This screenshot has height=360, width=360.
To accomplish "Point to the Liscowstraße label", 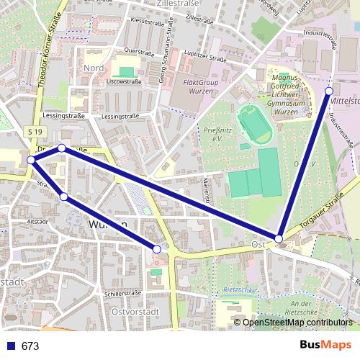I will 123,81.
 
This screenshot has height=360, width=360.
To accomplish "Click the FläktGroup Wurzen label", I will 197,88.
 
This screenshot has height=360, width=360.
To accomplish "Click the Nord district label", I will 94,68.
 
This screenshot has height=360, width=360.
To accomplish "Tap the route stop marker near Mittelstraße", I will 329,91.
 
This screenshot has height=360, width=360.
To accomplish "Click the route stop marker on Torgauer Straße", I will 279,238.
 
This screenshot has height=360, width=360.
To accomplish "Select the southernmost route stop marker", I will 156,249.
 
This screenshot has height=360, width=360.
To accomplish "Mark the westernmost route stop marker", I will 31,160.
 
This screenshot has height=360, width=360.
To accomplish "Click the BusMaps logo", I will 325,346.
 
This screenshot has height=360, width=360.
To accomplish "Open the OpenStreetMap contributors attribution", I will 297,323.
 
